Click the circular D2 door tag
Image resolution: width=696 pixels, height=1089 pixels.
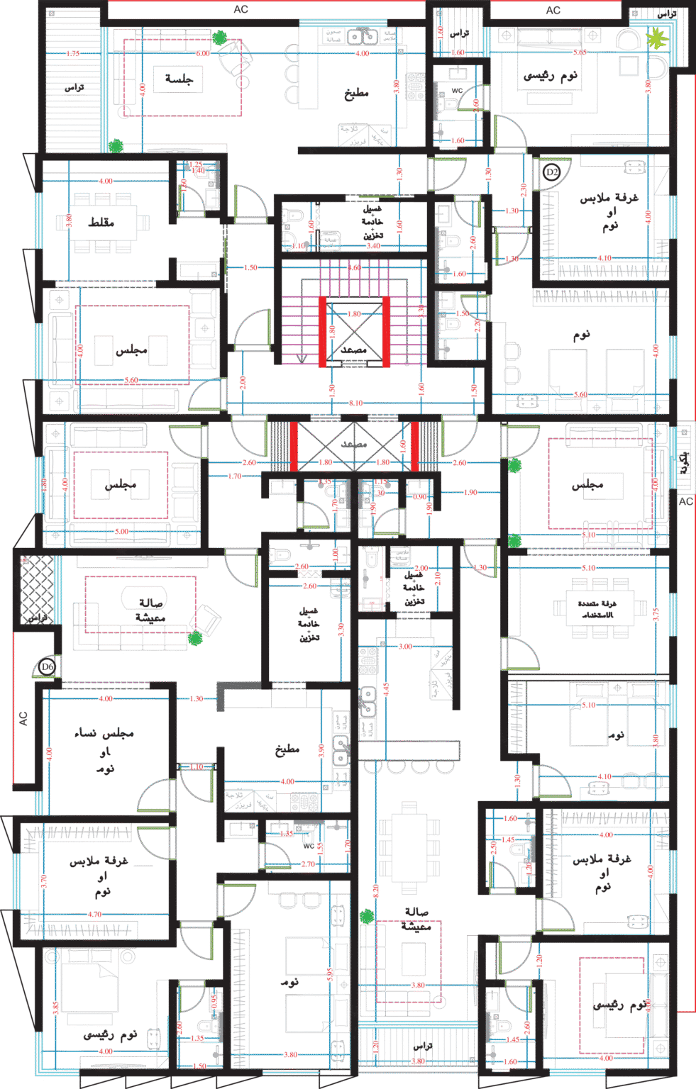tap(551, 172)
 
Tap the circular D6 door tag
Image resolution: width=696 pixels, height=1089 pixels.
tap(47, 666)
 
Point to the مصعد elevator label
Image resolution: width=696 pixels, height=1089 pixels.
tap(353, 350)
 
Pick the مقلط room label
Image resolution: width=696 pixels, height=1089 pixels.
tap(100, 222)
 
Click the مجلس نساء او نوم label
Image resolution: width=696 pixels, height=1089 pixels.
tap(105, 750)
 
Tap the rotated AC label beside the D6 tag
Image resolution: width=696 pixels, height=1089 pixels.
tap(23, 717)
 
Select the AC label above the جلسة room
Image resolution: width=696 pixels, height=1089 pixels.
tap(241, 9)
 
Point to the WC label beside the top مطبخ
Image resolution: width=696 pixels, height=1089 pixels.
tap(458, 91)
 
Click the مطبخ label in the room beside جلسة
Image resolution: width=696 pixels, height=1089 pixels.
tap(356, 93)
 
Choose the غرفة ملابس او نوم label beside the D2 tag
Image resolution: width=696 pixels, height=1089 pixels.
tap(609, 211)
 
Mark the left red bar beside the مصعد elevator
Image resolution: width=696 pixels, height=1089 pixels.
tap(322, 331)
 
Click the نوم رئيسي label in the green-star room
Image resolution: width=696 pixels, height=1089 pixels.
tap(550, 76)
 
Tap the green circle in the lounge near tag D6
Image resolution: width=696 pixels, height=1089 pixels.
tap(195, 638)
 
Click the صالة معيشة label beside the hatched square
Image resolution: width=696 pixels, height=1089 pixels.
tap(150, 610)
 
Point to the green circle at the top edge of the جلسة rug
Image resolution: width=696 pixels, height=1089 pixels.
tap(220, 37)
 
